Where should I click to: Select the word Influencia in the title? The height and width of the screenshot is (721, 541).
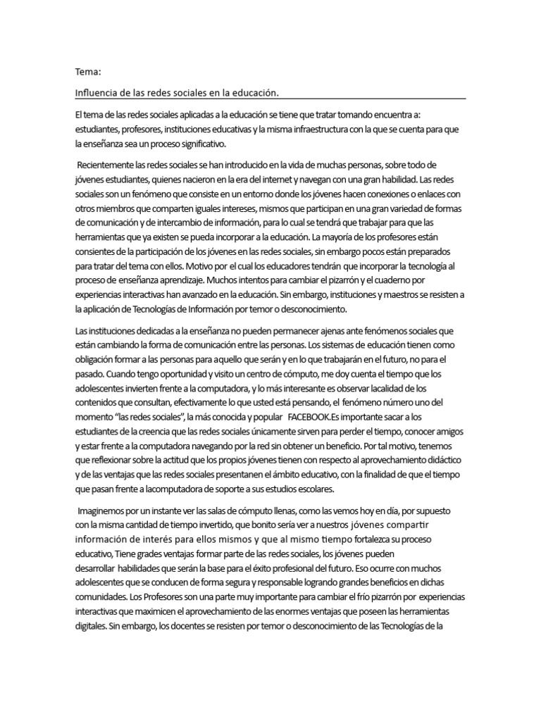tap(94, 92)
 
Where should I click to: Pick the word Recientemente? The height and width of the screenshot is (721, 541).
tap(104, 165)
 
